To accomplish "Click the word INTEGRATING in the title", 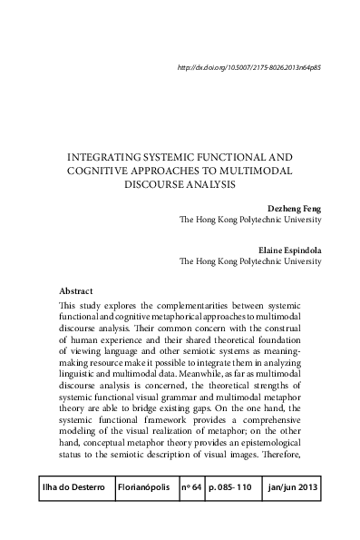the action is click(107, 157).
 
